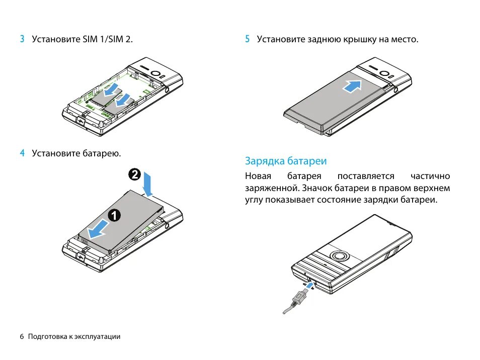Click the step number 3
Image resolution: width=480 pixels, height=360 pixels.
tap(22, 39)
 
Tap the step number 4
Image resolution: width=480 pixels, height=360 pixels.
tap(22, 153)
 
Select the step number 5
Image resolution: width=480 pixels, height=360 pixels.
tap(248, 39)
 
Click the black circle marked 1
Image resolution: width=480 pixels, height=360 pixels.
tap(114, 215)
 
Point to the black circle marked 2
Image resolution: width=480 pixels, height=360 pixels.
tap(134, 174)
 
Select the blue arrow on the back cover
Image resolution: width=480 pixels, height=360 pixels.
tap(352, 86)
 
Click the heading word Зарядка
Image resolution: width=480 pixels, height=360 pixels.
tap(265, 161)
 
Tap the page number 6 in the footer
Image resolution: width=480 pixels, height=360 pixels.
tap(22, 336)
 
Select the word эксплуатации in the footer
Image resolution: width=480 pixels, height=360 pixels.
tap(98, 336)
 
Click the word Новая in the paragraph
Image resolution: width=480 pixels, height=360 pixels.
tap(258, 176)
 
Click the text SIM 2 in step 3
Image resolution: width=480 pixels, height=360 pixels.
tap(123, 39)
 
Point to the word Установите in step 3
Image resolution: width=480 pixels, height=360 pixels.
tap(56, 39)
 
